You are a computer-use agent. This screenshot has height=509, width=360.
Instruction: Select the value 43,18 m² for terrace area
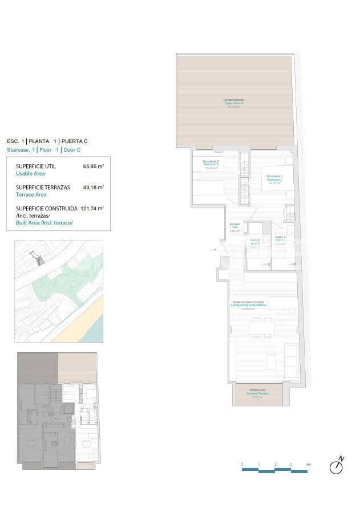coord(93,187)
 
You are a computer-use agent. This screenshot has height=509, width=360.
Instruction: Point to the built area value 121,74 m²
coord(92,209)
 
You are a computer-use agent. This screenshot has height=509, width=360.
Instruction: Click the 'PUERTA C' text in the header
coord(75,141)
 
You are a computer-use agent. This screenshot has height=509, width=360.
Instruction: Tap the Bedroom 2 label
coord(211,165)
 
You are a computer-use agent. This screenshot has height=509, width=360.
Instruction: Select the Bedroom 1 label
coord(274,180)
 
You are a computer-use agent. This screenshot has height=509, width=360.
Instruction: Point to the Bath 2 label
coord(255,243)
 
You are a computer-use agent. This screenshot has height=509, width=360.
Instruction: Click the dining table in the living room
coord(261,327)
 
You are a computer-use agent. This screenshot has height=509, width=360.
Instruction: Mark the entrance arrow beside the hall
coord(214,250)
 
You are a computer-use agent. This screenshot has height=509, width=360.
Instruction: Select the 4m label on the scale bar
coord(309,465)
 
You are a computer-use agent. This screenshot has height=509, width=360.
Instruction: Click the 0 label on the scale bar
coord(242,465)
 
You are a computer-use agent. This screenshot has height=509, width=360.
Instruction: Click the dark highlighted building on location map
coord(39,260)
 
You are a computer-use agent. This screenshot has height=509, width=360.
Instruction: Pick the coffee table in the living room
coord(271,361)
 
